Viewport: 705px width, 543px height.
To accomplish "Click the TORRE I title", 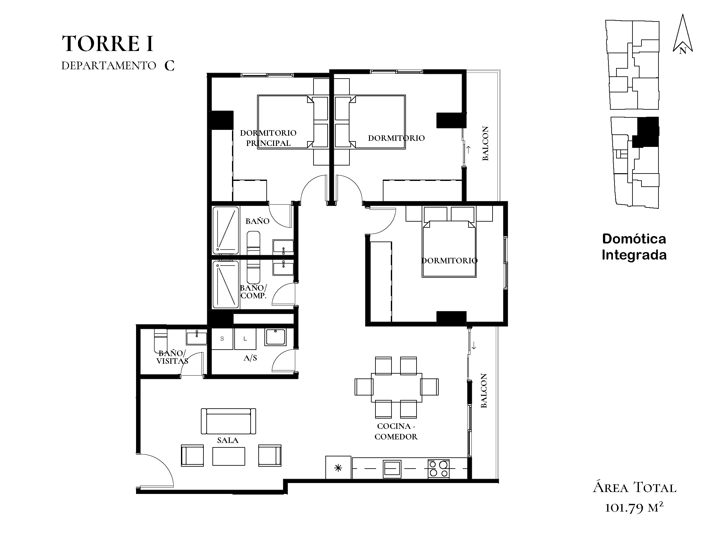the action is (107, 44).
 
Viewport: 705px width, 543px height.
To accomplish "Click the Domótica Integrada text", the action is (634, 247).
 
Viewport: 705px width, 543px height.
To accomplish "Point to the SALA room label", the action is (228, 440).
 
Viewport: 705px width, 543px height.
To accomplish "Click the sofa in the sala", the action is (228, 421).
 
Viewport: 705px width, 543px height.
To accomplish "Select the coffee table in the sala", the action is (228, 456).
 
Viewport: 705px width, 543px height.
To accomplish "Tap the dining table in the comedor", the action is (396, 387).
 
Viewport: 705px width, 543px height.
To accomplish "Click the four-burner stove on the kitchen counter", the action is (439, 469).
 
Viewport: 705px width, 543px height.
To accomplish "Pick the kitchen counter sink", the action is (392, 469).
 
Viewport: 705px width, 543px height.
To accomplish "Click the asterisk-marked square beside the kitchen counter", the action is (338, 468).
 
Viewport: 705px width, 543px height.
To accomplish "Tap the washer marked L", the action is (245, 339).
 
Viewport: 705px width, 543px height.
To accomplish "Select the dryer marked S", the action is (222, 339).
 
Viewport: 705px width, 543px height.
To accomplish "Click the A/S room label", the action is (250, 358).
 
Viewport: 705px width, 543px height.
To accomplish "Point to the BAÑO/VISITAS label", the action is (172, 357).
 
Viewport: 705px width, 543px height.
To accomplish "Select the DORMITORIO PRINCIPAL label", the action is (268, 138).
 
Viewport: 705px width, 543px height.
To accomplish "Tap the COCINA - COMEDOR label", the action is (396, 431).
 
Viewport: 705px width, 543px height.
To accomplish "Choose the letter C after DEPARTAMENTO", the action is (169, 66).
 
